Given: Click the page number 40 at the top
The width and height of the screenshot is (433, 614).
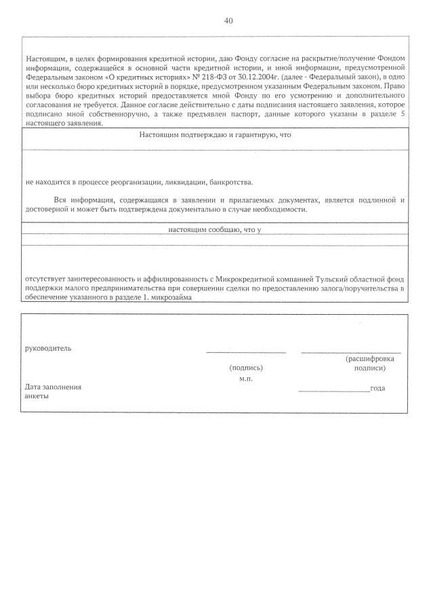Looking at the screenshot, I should tap(228, 21).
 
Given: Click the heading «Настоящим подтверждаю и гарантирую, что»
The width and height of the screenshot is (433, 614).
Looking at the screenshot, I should tap(215, 135).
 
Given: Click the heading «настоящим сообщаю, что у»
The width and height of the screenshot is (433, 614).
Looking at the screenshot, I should tap(215, 230).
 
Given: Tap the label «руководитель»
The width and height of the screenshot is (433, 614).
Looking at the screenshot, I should tap(48, 349).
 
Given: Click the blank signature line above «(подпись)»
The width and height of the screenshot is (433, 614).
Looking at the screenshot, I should tap(246, 352).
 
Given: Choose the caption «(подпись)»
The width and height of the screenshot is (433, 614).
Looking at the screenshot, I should tap(246, 368).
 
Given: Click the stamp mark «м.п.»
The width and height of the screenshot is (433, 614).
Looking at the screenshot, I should tap(246, 379).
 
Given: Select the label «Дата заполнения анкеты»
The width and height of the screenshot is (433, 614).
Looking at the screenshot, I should tap(53, 391).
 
